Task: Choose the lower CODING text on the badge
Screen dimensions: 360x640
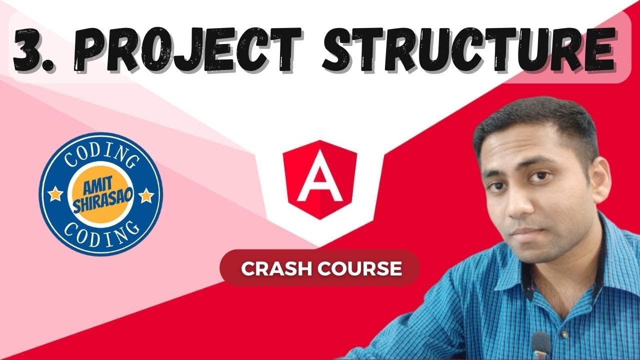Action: [x=101, y=232]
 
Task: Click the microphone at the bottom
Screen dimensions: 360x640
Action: [x=540, y=345]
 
